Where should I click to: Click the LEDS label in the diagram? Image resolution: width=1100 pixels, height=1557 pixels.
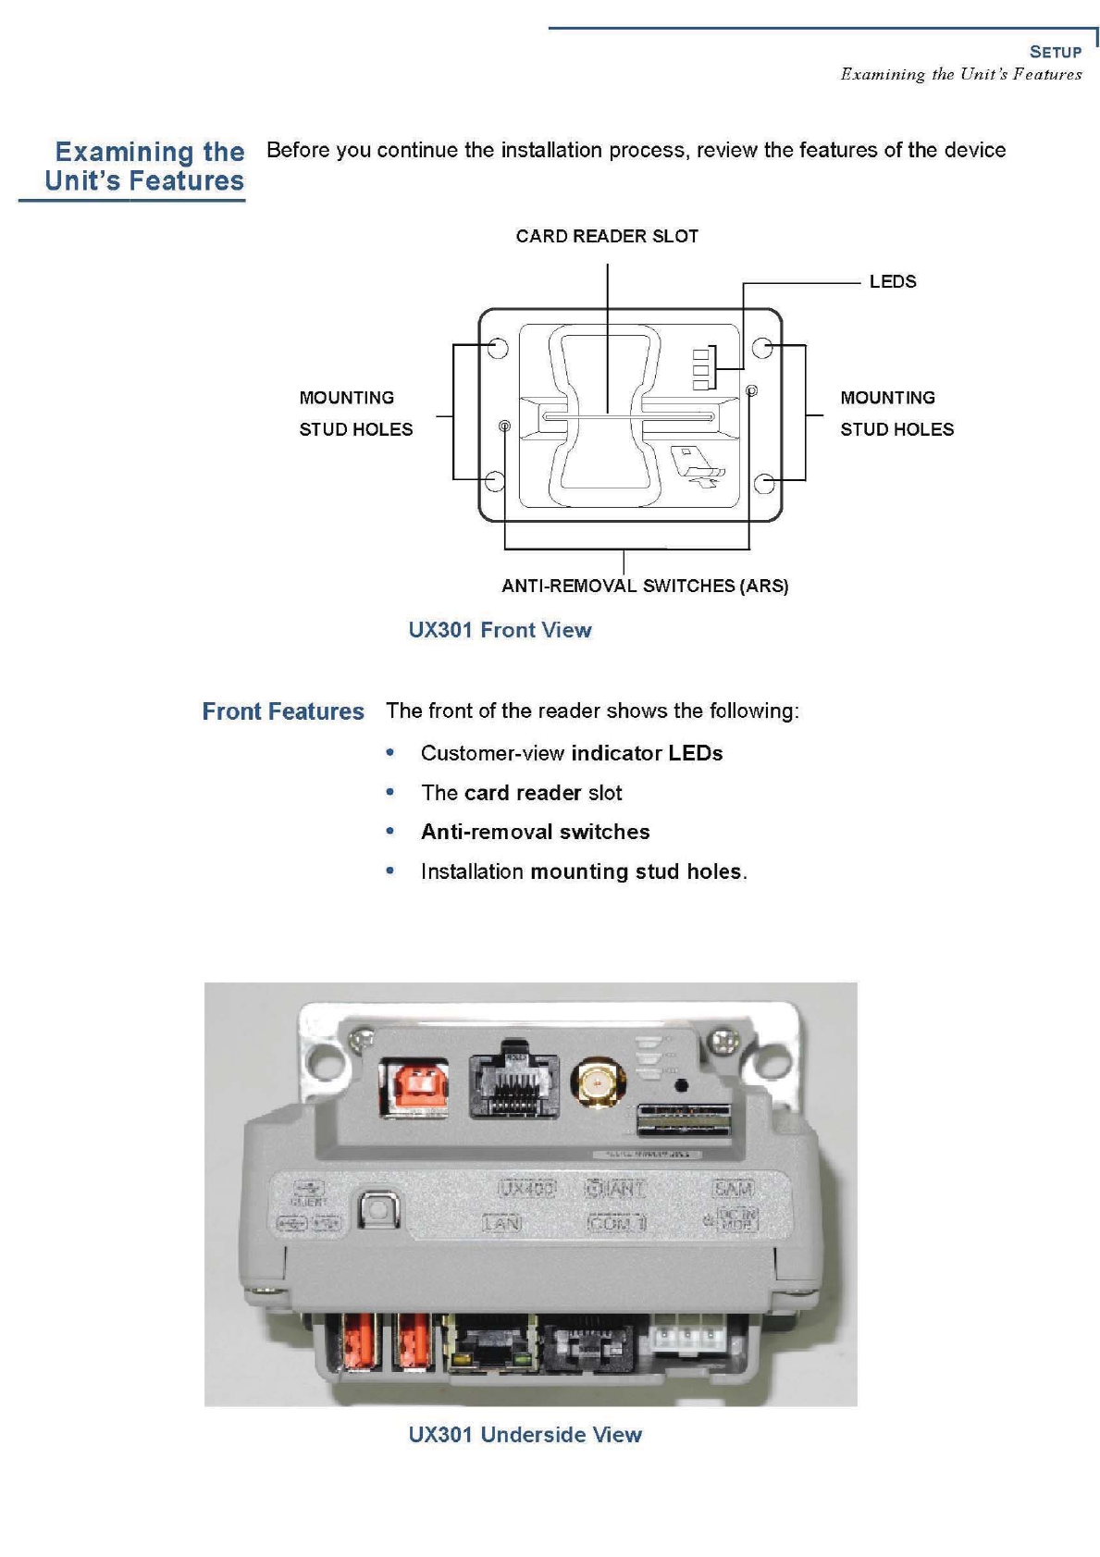892,281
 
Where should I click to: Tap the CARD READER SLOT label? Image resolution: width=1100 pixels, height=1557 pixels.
607,236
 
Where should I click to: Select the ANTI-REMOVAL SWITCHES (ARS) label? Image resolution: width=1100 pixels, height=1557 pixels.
645,586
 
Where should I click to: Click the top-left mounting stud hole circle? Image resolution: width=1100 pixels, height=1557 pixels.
498,347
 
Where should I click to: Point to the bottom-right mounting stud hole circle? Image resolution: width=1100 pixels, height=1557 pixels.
764,483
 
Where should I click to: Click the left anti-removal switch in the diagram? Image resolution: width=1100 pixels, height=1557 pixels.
504,426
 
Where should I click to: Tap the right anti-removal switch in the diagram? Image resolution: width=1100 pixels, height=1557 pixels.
751,391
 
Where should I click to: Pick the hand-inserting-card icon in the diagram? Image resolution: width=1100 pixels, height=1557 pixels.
696,466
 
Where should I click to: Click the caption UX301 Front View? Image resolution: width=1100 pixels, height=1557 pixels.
500,630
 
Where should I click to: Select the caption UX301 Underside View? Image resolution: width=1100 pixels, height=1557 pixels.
525,1435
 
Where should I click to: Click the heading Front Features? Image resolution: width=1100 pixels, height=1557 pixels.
283,711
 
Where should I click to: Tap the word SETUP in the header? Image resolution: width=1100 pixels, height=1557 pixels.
1056,52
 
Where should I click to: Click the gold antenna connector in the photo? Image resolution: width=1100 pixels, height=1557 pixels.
598,1081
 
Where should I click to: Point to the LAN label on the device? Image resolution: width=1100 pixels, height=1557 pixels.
502,1223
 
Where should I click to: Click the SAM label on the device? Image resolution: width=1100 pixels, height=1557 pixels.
733,1189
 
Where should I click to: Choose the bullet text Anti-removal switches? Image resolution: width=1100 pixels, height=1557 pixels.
535,832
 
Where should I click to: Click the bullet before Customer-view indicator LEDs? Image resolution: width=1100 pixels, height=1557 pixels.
390,753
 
